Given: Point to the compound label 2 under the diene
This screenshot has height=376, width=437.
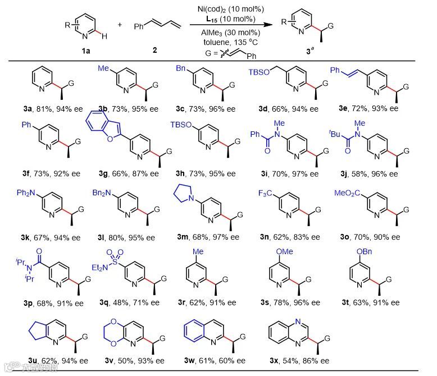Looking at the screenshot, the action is click(x=154, y=50).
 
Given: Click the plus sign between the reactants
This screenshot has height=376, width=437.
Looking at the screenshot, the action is click(x=119, y=26).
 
